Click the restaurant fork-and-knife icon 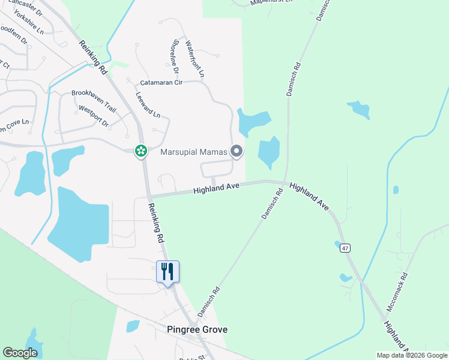[x=167, y=271]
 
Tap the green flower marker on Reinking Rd [x=141, y=151]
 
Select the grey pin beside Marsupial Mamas [x=237, y=152]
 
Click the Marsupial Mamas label [x=194, y=152]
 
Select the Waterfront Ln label [x=195, y=59]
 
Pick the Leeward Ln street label [x=148, y=104]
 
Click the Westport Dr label [x=93, y=116]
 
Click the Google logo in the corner [x=20, y=353]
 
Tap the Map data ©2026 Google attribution [x=412, y=355]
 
